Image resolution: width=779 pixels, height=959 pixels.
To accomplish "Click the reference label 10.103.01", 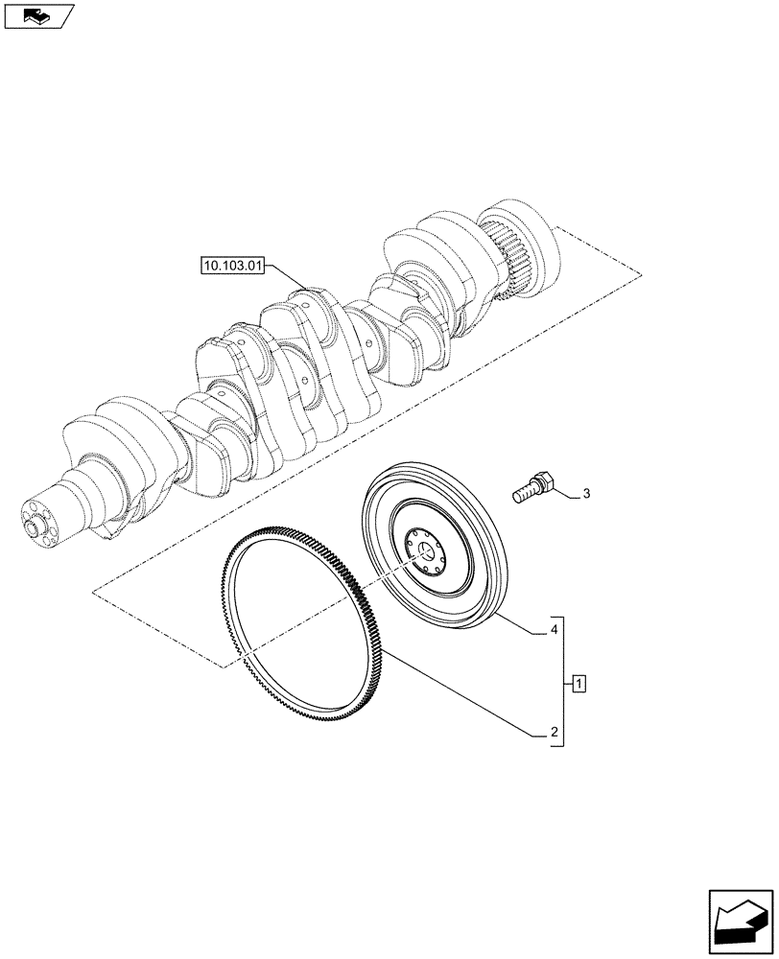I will click(232, 265).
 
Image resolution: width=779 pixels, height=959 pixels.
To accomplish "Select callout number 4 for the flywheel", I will click(553, 633).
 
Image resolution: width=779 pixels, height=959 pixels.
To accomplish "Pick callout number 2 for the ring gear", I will click(553, 735).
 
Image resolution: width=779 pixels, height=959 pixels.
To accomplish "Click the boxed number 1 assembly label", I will click(578, 683).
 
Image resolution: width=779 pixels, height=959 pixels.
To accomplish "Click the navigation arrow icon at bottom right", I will click(741, 920).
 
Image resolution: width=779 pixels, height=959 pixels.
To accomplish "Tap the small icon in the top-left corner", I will click(38, 15).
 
